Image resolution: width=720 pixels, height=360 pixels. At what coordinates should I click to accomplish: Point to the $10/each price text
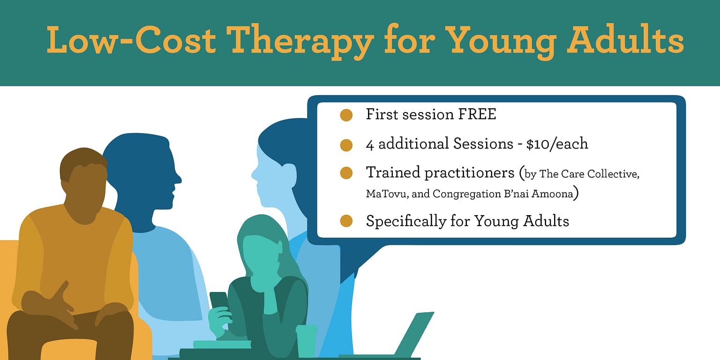(x=557, y=144)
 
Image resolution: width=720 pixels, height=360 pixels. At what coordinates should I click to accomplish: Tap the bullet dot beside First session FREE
(x=346, y=115)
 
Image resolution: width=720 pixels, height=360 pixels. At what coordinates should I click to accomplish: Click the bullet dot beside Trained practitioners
(x=346, y=173)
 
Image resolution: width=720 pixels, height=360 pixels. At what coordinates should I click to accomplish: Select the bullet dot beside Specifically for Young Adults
(x=346, y=221)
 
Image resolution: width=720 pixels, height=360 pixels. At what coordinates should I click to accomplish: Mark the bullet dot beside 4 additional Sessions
(x=346, y=145)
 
